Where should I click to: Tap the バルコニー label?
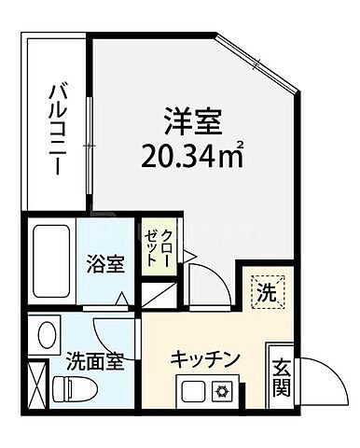[56, 131]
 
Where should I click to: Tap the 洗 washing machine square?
[266, 292]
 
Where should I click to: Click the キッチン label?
[206, 359]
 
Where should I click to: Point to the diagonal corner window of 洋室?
[258, 63]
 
